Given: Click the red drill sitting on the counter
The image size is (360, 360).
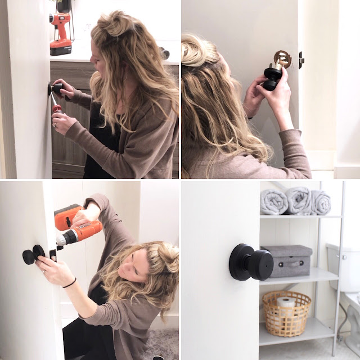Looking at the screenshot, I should point(60,34).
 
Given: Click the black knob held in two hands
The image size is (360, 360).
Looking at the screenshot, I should point(271,77).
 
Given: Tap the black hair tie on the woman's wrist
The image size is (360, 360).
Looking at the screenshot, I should point(69,282).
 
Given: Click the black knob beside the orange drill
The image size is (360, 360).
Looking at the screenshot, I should point(34,254).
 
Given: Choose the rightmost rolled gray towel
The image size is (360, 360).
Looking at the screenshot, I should point(321,202).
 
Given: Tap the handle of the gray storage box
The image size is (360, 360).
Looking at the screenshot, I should point(295,262).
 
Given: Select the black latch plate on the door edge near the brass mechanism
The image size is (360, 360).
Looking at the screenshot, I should point(301,58).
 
